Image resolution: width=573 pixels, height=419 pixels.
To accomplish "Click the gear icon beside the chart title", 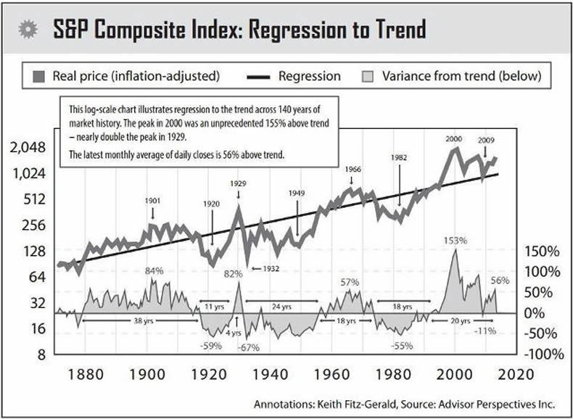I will (28, 30).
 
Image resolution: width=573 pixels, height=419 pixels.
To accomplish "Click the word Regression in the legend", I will (309, 75).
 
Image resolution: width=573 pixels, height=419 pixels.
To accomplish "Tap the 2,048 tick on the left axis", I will (25, 147).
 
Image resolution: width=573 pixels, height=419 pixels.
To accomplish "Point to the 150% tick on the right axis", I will (542, 252).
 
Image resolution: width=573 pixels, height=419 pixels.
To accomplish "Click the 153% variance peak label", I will (457, 240).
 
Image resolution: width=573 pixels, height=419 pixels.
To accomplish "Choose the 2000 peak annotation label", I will (453, 138).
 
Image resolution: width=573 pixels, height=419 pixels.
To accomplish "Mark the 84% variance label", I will (154, 271).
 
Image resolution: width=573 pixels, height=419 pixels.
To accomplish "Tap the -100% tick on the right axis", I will (545, 354).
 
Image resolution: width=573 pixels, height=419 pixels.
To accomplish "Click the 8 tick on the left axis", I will (41, 354).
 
